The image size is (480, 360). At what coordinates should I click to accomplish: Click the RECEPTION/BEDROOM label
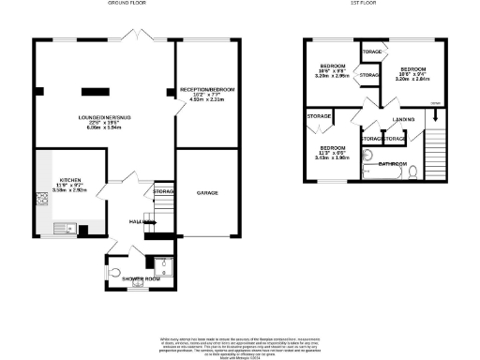[x=207, y=90]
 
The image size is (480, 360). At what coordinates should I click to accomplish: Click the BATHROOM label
[x=392, y=163]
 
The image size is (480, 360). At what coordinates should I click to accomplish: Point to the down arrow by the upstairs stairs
[x=435, y=115]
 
